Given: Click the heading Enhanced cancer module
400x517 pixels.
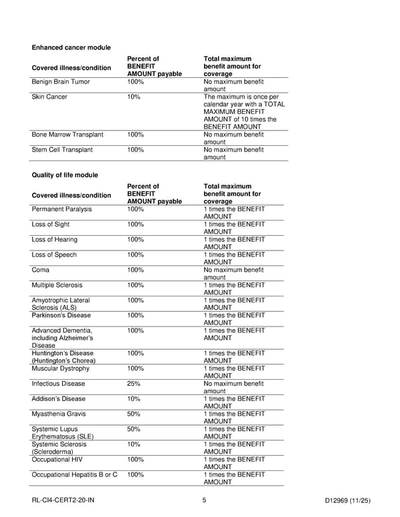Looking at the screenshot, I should click(x=71, y=47).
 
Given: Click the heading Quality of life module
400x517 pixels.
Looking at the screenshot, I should click(x=65, y=175).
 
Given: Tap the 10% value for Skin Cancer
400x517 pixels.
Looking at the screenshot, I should click(x=133, y=97).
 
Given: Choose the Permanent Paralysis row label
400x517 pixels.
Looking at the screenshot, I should click(x=62, y=209).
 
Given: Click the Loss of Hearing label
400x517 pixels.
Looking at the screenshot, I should click(x=54, y=240).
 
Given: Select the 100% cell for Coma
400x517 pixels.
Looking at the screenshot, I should click(x=135, y=270).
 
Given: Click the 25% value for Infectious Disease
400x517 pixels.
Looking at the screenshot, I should click(x=133, y=384).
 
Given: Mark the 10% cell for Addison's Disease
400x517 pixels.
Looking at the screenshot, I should click(x=133, y=399).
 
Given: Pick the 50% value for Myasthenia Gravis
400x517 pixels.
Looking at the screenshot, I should click(x=133, y=414).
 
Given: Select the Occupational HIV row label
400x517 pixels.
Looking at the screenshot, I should click(x=58, y=460).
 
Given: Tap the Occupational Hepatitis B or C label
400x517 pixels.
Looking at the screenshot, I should click(x=74, y=475).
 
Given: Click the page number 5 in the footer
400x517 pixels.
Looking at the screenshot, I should click(x=203, y=500).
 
